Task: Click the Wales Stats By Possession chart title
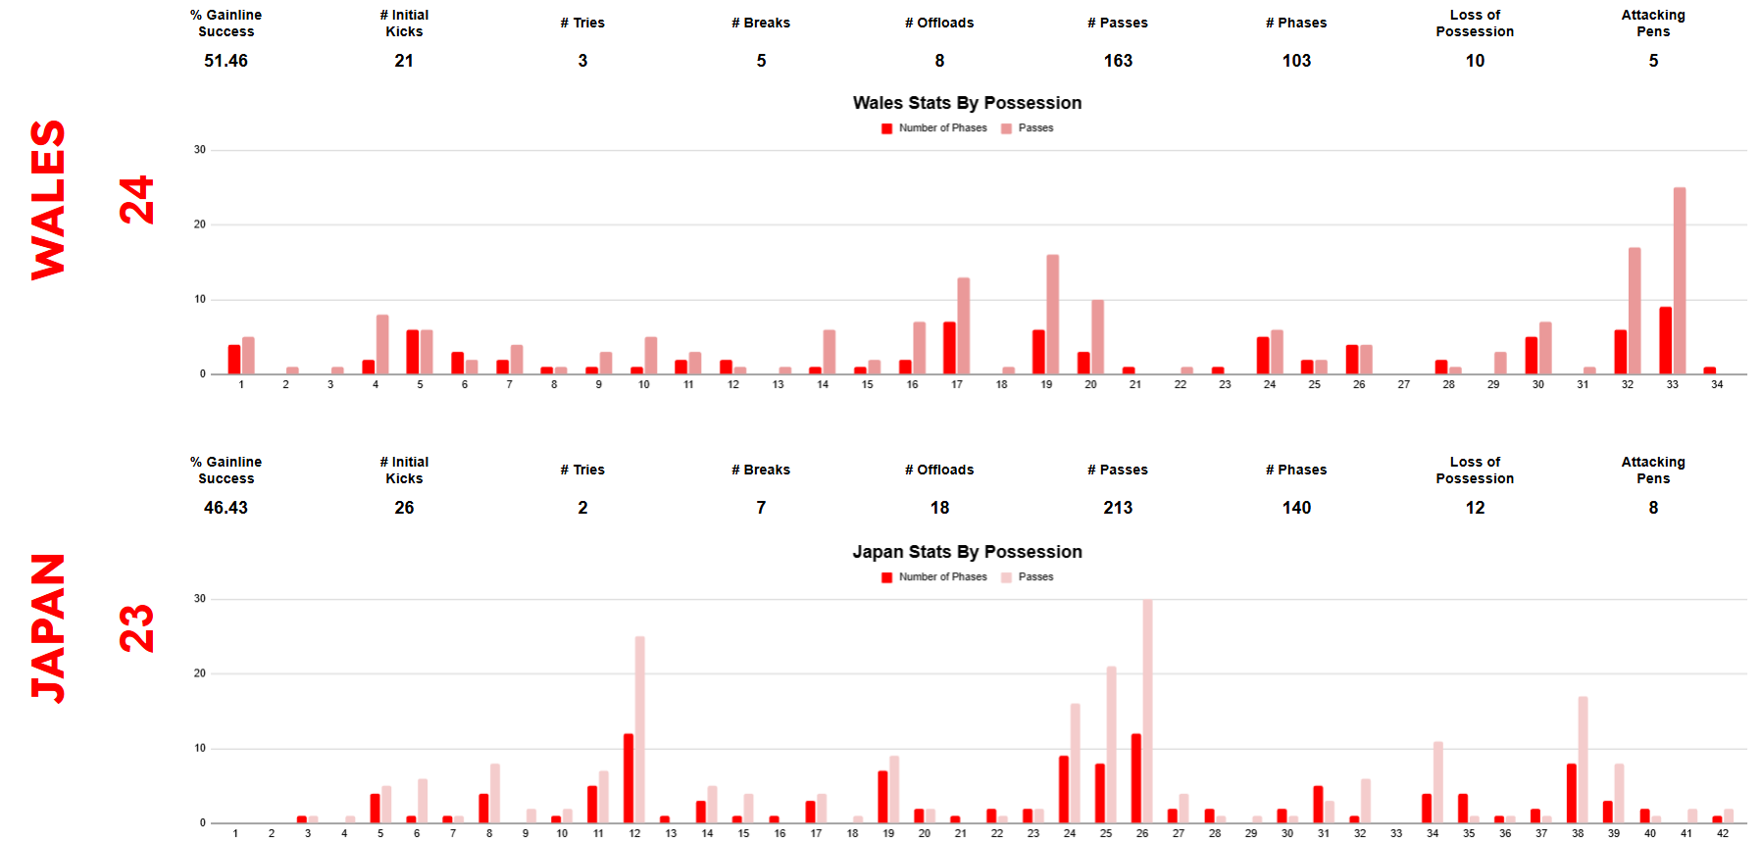point(967,103)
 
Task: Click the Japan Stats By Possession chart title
point(967,552)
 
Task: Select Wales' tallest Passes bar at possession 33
point(1680,280)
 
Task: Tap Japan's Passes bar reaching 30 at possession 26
point(1147,711)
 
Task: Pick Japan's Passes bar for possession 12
point(640,729)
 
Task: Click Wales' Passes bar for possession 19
point(1053,314)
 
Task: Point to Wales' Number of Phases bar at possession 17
point(949,348)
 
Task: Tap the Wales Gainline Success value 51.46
point(226,61)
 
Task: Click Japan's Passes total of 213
point(1118,508)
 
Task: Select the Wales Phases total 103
point(1296,61)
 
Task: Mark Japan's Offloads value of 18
point(939,508)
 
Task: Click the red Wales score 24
point(137,200)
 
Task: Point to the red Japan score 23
point(137,628)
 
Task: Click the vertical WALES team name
point(48,200)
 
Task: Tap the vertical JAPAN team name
point(48,628)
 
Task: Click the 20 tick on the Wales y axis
point(200,224)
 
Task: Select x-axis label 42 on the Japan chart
point(1723,833)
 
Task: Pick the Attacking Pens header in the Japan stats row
point(1653,470)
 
